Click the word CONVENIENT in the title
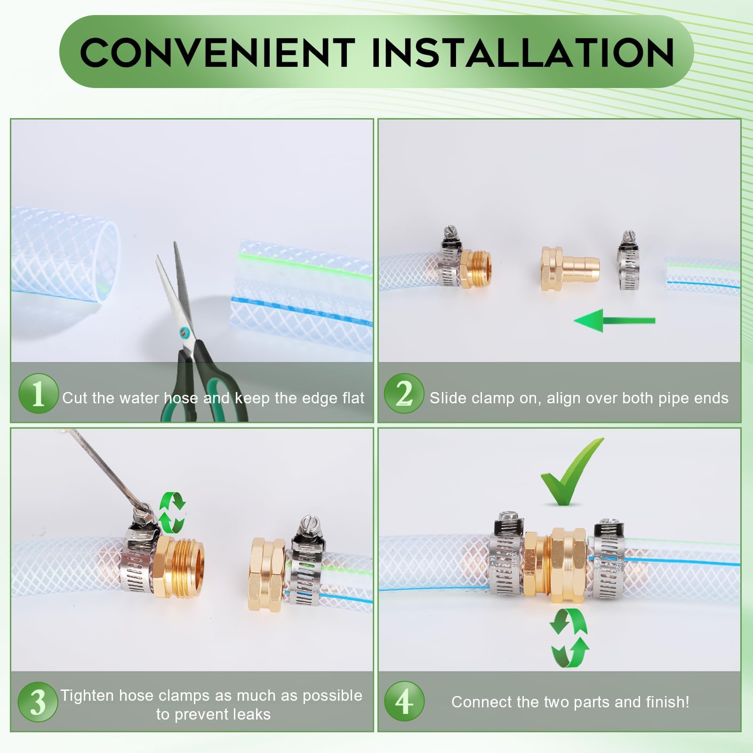[217, 52]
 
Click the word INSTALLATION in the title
[523, 52]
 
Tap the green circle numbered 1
[38, 393]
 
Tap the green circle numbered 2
[404, 393]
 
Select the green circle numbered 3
[38, 702]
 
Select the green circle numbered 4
[404, 702]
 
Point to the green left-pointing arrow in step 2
[614, 320]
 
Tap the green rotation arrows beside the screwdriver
[172, 512]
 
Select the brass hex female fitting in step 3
[267, 577]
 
